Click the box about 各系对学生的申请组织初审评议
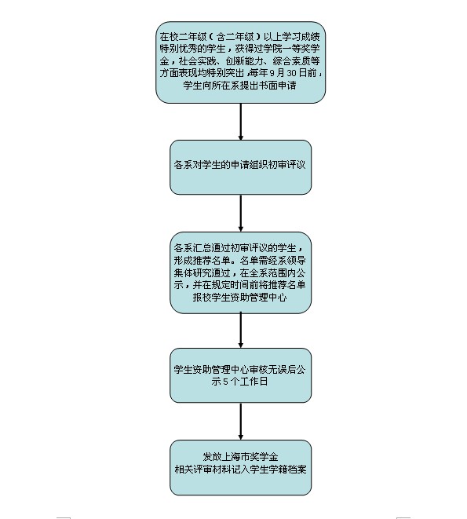241,167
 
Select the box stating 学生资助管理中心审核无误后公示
241,375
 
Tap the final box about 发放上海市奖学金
241,467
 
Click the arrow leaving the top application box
241,122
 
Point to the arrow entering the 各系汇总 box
241,213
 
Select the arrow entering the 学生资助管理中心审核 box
241,331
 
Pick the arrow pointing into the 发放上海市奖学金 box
241,422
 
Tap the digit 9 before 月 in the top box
272,73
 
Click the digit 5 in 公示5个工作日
225,382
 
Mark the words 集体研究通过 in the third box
202,272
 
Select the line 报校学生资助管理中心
239,298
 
